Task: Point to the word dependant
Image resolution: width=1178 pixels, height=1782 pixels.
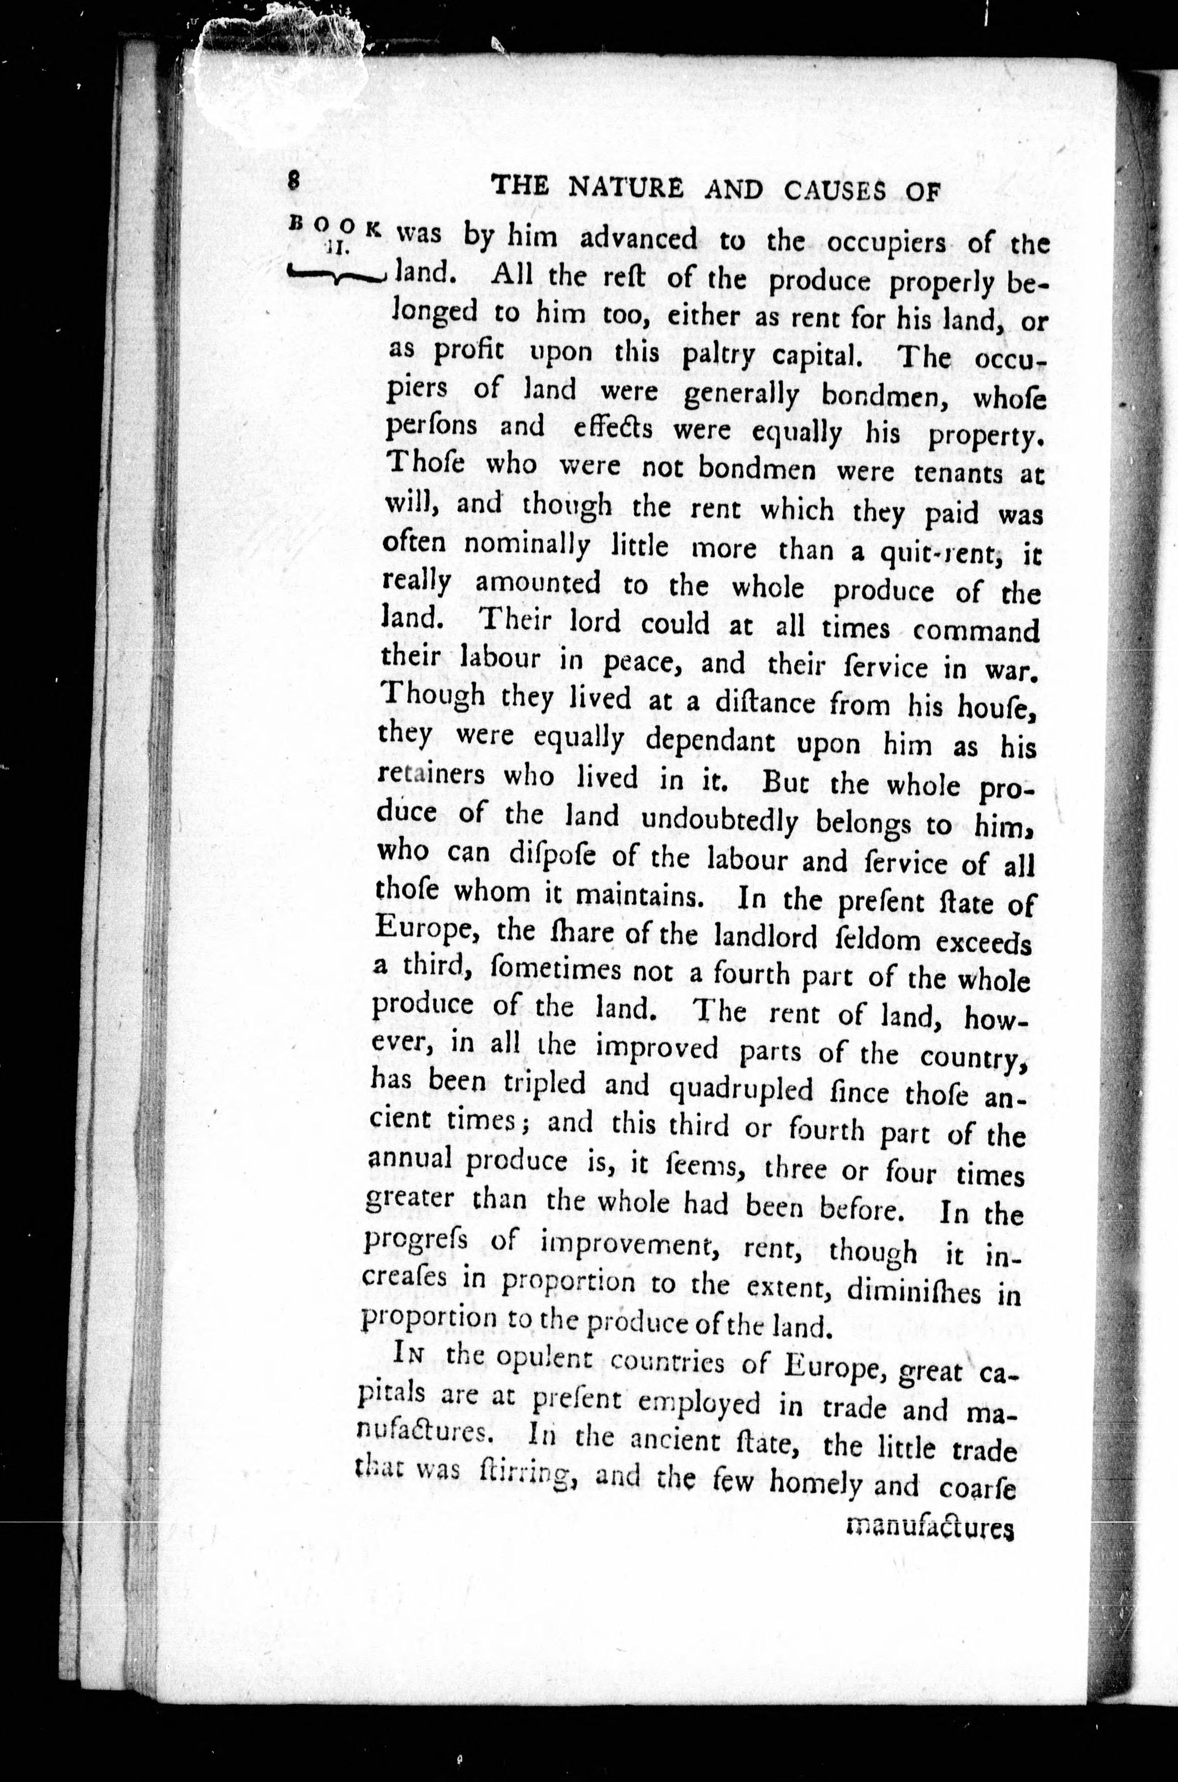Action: pyautogui.click(x=710, y=742)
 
